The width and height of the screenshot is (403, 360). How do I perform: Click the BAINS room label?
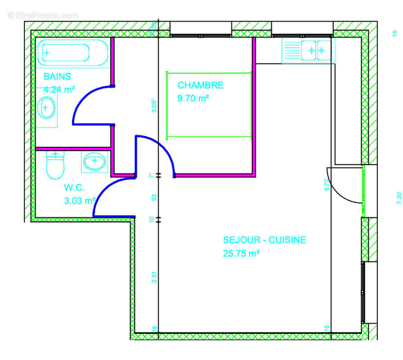pyautogui.click(x=57, y=76)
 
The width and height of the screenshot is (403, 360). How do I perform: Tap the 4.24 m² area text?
pyautogui.click(x=59, y=90)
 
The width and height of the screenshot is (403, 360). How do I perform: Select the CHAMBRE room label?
pyautogui.click(x=200, y=85)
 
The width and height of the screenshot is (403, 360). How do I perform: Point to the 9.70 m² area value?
pyautogui.click(x=193, y=99)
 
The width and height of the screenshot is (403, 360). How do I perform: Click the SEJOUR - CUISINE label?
pyautogui.click(x=264, y=240)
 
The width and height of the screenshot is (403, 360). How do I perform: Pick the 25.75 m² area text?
pyautogui.click(x=241, y=253)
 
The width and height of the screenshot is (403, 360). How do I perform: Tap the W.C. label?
pyautogui.click(x=74, y=187)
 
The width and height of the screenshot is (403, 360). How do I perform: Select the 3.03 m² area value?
pyautogui.click(x=80, y=201)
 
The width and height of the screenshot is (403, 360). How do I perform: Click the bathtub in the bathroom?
pyautogui.click(x=72, y=53)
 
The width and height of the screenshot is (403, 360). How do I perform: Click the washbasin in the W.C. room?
pyautogui.click(x=95, y=161)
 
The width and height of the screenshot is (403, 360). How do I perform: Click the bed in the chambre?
pyautogui.click(x=208, y=105)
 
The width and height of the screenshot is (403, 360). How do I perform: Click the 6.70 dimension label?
pyautogui.click(x=327, y=185)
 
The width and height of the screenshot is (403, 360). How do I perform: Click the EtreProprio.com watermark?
pyautogui.click(x=43, y=15)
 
